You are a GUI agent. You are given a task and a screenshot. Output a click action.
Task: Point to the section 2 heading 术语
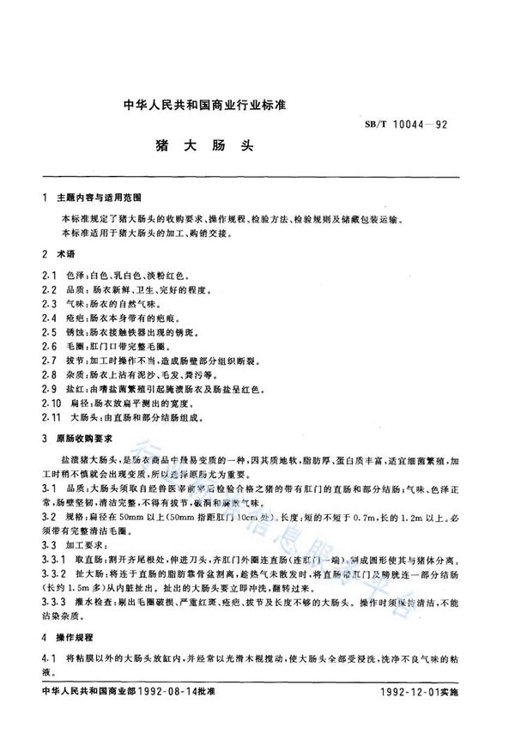click(64, 255)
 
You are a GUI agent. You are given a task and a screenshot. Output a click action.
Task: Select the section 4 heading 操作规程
click(76, 638)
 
